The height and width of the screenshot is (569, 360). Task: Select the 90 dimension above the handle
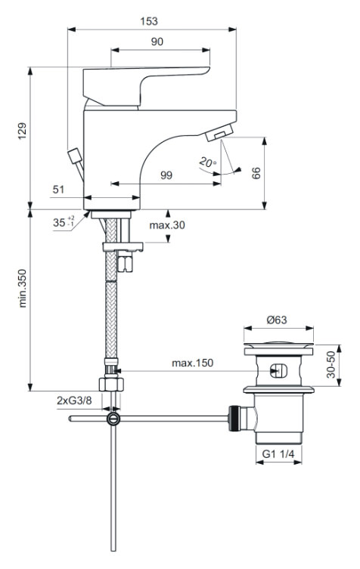click(x=157, y=42)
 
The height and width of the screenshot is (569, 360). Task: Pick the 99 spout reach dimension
click(x=166, y=175)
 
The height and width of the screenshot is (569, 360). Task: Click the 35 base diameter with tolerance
click(x=64, y=223)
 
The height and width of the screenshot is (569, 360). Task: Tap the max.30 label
click(x=165, y=226)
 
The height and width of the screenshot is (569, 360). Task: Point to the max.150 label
click(x=192, y=363)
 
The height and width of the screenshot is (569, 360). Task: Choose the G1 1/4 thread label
click(x=277, y=454)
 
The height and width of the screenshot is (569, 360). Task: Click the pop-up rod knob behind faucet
click(x=75, y=157)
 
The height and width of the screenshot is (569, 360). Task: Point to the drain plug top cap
click(x=278, y=346)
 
